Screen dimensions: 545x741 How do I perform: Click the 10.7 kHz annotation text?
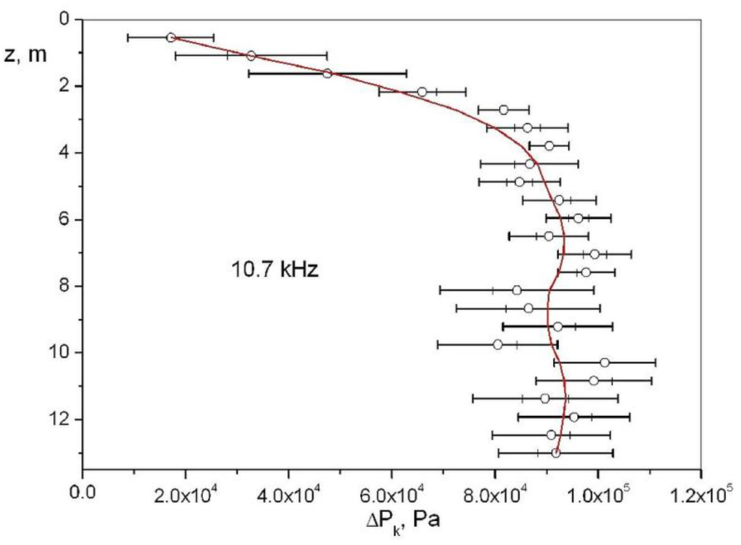point(275,270)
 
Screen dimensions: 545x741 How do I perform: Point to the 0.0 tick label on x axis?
point(82,493)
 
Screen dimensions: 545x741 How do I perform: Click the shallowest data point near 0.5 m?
point(171,37)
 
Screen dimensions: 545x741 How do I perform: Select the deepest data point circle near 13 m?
point(556,453)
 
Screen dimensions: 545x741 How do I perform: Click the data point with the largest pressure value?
point(605,363)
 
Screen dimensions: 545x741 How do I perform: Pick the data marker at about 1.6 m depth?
point(327,73)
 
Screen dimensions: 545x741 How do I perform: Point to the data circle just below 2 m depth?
point(422,92)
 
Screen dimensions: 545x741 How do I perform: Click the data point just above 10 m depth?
point(498,345)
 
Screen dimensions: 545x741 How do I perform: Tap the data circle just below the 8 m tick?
point(517,290)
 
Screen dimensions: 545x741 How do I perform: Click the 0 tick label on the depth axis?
point(64,19)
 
